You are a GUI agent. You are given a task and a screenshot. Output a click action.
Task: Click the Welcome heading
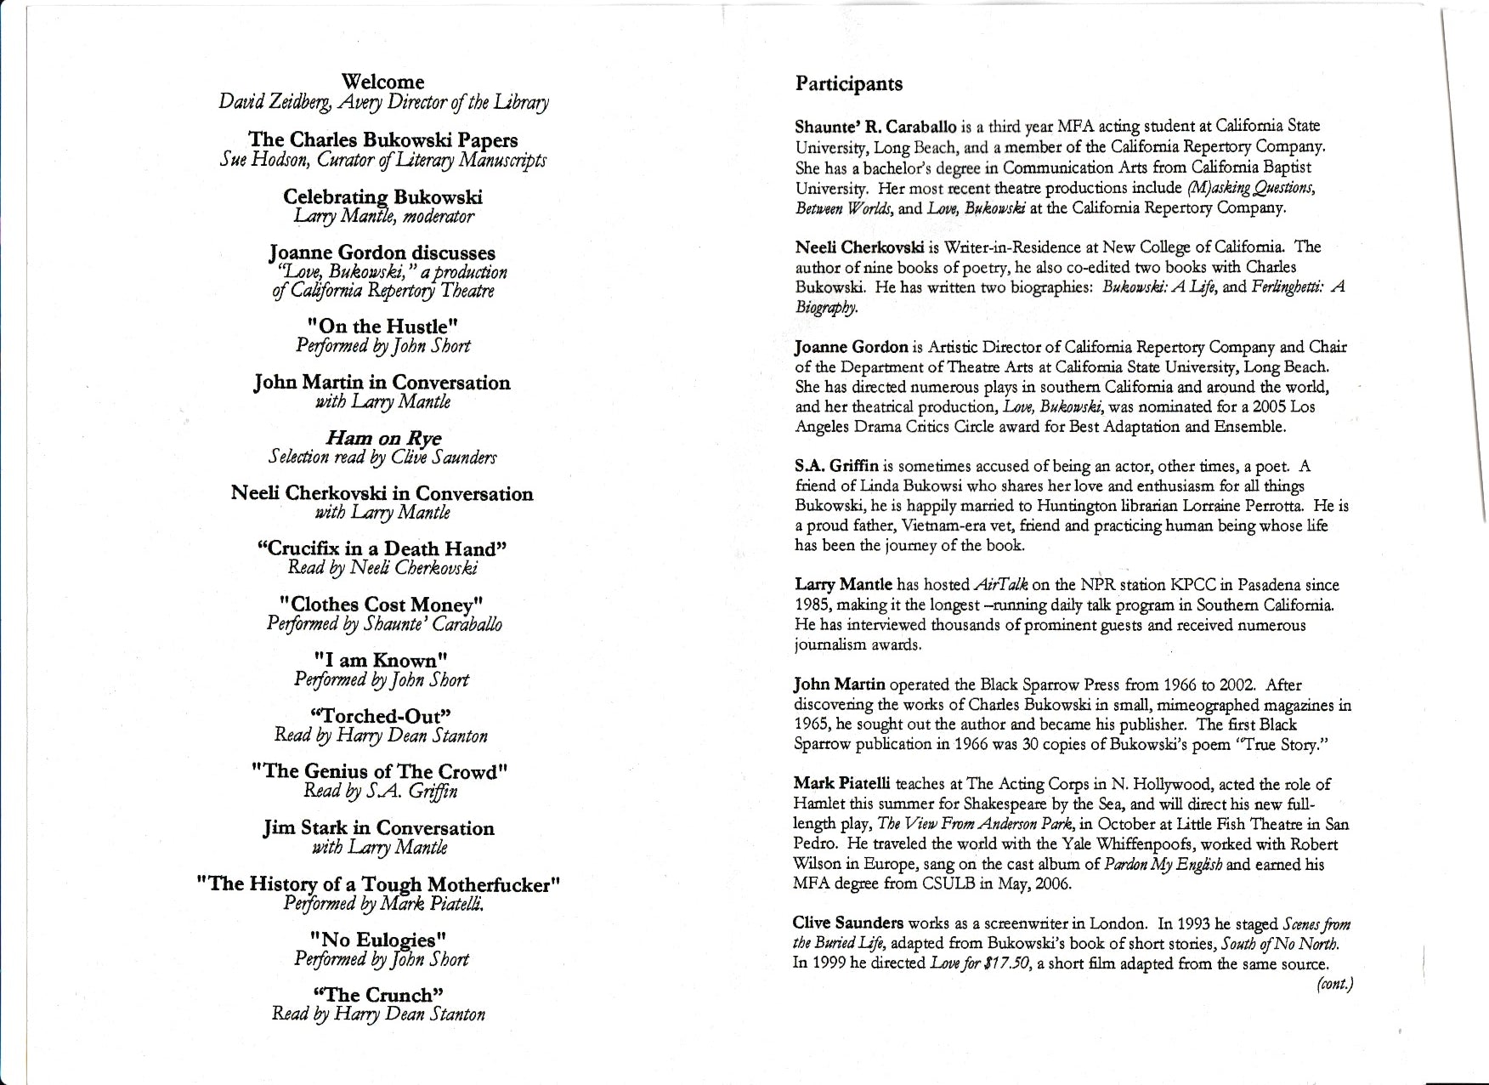(382, 82)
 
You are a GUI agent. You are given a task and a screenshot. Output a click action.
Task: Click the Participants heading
(848, 83)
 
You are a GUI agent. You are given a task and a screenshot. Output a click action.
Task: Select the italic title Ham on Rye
(383, 438)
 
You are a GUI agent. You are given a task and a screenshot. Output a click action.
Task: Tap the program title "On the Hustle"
(382, 327)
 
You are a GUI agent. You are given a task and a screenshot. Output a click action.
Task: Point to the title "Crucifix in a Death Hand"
(382, 548)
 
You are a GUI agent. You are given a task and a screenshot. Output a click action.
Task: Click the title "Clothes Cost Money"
(382, 605)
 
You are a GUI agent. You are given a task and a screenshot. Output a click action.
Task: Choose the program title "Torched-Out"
(381, 716)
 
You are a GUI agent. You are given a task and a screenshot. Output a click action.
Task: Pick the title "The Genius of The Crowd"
(381, 771)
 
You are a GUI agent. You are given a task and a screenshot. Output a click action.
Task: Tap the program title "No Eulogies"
(378, 940)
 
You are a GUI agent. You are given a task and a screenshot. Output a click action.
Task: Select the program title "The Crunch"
(378, 995)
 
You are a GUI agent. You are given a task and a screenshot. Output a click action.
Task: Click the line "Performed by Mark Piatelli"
(384, 904)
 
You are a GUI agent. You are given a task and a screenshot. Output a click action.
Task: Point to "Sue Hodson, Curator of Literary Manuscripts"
(382, 160)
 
